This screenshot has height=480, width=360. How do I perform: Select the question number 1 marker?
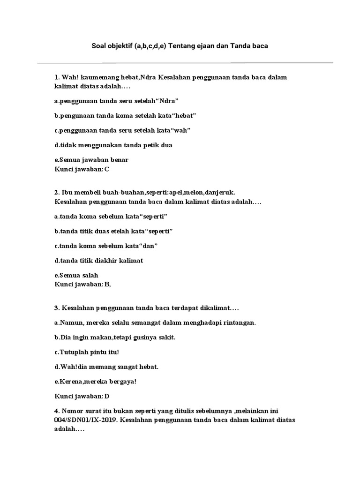pyautogui.click(x=57, y=77)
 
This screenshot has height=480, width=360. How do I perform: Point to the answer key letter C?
pyautogui.click(x=107, y=169)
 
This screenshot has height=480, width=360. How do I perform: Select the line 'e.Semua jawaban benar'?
pyautogui.click(x=91, y=160)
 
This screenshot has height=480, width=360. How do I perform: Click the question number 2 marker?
pyautogui.click(x=57, y=192)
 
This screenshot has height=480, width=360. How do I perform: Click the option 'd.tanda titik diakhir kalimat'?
pyautogui.click(x=99, y=260)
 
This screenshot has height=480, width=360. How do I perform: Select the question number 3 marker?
pyautogui.click(x=57, y=307)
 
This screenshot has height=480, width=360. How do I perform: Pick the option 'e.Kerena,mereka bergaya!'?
pyautogui.click(x=95, y=382)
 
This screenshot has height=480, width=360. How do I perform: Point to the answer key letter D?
pyautogui.click(x=107, y=397)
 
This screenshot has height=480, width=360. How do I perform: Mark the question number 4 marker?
pyautogui.click(x=57, y=411)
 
